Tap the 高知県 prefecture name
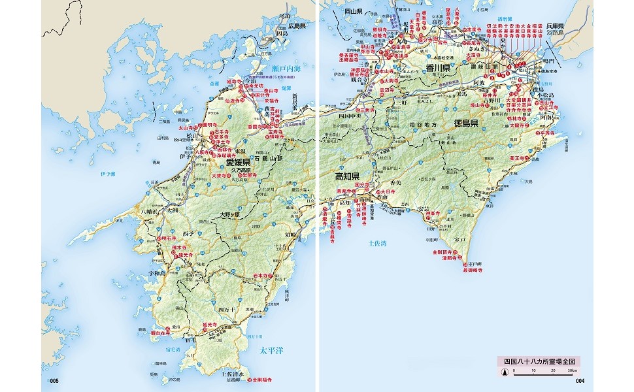click(348, 177)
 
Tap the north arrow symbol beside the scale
click(505, 373)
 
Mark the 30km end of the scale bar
click(573, 370)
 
